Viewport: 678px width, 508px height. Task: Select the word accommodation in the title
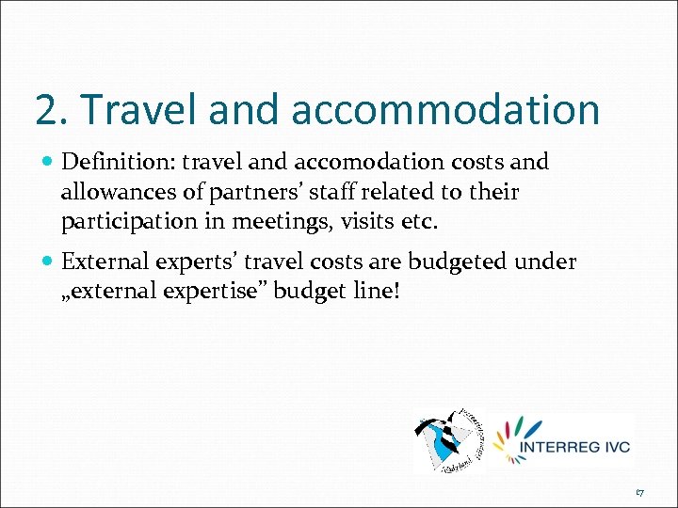[x=445, y=109]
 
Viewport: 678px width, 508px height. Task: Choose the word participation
[x=126, y=224]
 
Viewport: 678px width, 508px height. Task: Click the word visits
[x=372, y=224]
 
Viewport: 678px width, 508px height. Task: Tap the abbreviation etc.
[x=420, y=224]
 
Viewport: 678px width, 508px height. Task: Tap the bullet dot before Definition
[x=47, y=163]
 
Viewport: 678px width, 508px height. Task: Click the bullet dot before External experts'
[x=47, y=262]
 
